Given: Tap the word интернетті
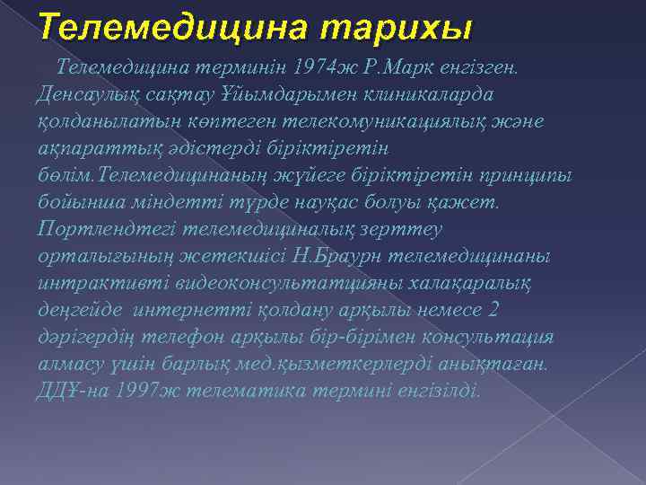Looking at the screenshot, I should pos(191,311).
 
